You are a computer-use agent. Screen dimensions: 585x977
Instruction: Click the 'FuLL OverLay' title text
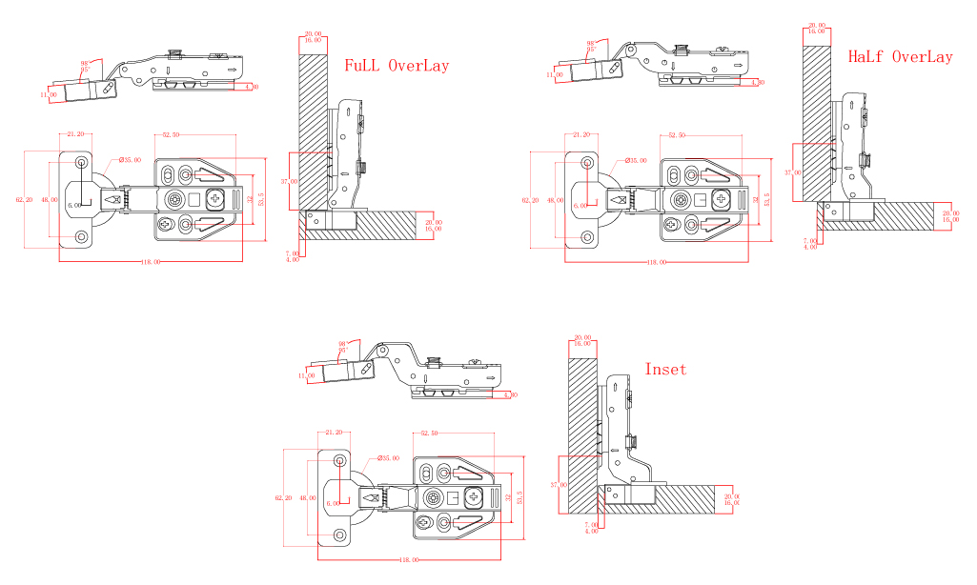[396, 66]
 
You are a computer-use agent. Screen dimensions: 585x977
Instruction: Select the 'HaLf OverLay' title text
[900, 56]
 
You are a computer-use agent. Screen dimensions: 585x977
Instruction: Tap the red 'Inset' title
[664, 369]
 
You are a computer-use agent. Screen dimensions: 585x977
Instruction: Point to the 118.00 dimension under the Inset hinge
[410, 560]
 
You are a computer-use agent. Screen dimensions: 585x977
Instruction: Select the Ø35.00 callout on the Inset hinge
[388, 458]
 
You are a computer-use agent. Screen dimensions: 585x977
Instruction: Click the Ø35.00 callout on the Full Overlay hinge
[130, 160]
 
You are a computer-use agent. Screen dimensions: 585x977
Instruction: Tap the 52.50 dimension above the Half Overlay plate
[677, 135]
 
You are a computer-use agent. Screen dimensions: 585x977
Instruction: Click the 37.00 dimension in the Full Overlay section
[289, 180]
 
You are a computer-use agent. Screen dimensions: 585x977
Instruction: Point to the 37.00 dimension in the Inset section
[557, 484]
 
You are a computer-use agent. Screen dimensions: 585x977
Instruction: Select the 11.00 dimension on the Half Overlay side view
[555, 74]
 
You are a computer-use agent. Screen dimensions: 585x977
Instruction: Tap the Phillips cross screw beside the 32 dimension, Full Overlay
[216, 199]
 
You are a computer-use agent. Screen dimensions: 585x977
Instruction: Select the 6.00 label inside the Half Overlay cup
[580, 205]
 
